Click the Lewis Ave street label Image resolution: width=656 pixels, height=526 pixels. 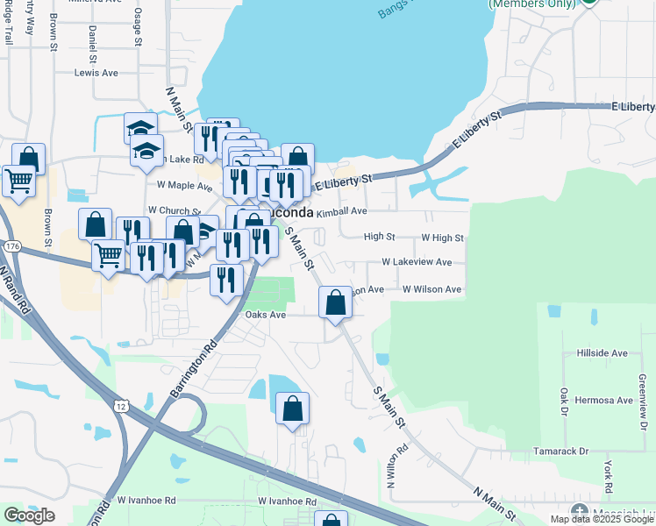[96, 73]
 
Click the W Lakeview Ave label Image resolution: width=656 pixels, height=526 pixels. [417, 262]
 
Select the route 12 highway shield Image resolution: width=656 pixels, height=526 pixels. [121, 403]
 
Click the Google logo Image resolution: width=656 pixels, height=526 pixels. [29, 515]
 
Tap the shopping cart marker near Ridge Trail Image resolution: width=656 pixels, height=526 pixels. [19, 181]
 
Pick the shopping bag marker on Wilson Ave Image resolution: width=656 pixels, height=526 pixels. [335, 303]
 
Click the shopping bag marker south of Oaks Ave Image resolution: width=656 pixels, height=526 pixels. [292, 409]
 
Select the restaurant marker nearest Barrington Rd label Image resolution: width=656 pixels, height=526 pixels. [226, 280]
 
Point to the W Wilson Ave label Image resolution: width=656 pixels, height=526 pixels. [431, 289]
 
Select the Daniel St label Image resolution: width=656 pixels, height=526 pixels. [92, 44]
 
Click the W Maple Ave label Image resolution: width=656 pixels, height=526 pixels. [184, 186]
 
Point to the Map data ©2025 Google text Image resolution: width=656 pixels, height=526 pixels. [603, 519]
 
